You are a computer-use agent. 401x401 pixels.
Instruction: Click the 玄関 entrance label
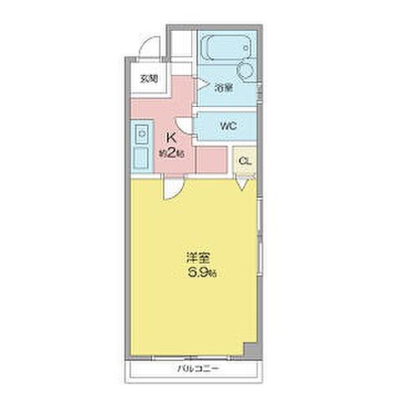tap(148, 80)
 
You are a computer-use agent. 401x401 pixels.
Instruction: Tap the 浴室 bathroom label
tap(221, 87)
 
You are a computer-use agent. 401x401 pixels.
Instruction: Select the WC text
tap(227, 126)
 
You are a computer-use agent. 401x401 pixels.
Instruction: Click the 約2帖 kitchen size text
tap(173, 154)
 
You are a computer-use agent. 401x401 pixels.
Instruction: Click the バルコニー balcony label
tap(196, 368)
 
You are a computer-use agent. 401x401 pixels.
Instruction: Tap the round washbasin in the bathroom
tap(247, 69)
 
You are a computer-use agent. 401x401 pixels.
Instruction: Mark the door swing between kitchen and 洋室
tap(171, 190)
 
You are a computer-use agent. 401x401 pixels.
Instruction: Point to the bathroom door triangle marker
tap(201, 82)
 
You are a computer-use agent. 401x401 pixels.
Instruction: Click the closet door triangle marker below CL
tap(242, 185)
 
